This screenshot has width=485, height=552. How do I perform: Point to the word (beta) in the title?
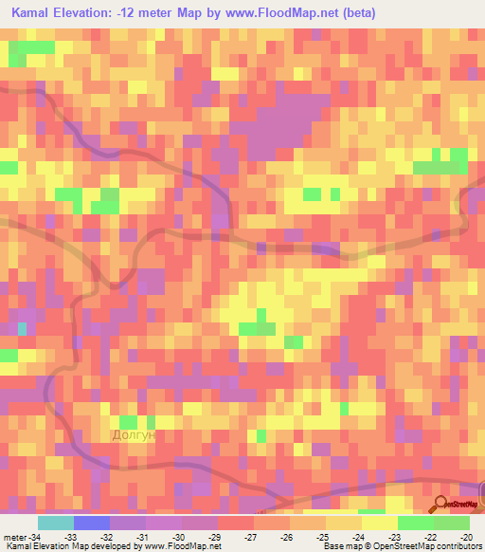coord(354,13)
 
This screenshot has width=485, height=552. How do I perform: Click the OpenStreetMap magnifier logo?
coord(442,506)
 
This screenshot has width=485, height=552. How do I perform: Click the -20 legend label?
coord(465,537)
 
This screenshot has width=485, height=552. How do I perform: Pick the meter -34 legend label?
coord(22,537)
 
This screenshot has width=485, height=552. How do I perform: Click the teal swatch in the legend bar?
coord(56,523)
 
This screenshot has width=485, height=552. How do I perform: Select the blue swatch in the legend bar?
coord(92,523)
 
